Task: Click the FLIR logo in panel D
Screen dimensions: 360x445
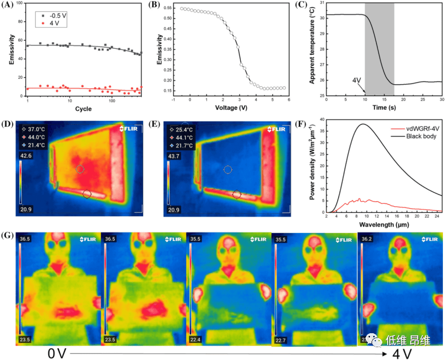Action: tap(130, 129)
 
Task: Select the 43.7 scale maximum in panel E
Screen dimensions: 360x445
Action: tap(173, 155)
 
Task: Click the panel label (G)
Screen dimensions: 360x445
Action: tap(9, 235)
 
